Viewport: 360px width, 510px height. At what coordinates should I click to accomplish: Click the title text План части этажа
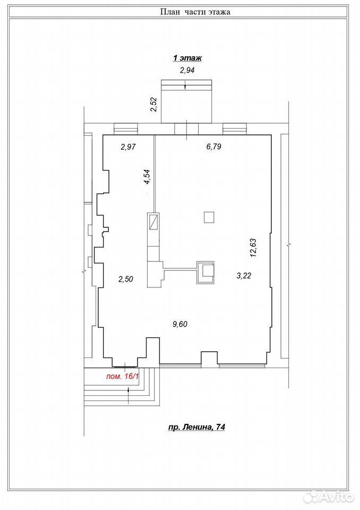(195, 12)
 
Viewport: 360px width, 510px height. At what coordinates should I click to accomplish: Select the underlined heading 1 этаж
(187, 58)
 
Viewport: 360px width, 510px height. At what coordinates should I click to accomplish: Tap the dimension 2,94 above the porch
(187, 70)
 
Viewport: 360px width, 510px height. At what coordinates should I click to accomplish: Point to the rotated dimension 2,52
(154, 105)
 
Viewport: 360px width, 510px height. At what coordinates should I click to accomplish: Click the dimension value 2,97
(128, 147)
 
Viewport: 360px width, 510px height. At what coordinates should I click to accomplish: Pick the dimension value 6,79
(213, 147)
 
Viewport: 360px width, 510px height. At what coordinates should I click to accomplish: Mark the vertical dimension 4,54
(147, 177)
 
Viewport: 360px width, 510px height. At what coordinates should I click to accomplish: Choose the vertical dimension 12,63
(253, 248)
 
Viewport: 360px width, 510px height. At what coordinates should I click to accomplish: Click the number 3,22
(244, 276)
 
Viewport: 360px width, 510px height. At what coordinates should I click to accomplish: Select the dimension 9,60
(180, 324)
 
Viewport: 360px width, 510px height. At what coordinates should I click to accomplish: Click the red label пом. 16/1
(123, 377)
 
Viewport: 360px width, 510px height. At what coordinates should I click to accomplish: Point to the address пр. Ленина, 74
(196, 427)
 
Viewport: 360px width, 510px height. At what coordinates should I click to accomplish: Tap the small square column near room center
(209, 217)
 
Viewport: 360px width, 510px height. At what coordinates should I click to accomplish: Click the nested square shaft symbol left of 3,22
(205, 273)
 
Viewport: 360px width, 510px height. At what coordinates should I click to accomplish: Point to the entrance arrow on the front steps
(128, 395)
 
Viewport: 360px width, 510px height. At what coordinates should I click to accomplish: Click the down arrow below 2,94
(185, 85)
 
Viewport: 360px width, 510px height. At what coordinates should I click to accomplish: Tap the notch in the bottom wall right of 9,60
(209, 358)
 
